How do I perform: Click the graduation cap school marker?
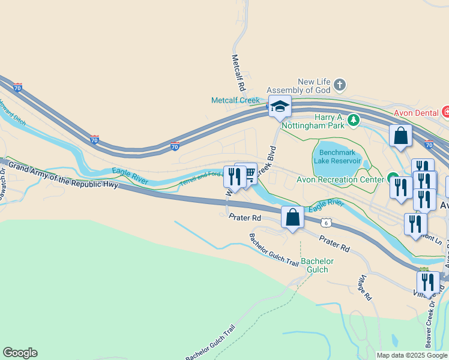(x=280, y=106)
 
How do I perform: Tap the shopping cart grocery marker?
(x=246, y=174)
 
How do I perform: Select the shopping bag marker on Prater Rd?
(x=292, y=217)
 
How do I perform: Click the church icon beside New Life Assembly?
(x=339, y=84)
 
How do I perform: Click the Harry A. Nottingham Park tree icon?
(x=354, y=121)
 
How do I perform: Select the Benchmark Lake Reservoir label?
(x=340, y=157)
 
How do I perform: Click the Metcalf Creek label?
(x=235, y=101)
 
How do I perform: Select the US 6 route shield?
(x=326, y=223)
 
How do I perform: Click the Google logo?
(x=20, y=353)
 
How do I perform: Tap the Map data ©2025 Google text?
(x=412, y=355)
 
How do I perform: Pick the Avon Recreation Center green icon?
(x=393, y=178)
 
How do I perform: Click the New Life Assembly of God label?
(x=315, y=86)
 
